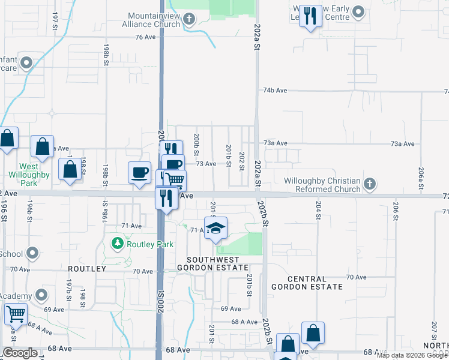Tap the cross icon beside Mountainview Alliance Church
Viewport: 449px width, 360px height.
pos(189,20)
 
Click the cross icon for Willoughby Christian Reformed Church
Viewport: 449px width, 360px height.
pos(370,184)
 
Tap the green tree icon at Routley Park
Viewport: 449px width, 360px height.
pos(118,244)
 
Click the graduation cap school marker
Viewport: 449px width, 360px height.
pos(215,228)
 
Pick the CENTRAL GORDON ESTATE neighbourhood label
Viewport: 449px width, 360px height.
pos(307,283)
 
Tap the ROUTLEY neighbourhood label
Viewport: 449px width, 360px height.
pos(87,269)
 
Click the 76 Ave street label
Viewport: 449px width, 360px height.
pos(145,37)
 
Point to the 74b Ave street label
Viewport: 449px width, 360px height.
pos(275,90)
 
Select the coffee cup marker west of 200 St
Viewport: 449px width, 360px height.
pos(139,173)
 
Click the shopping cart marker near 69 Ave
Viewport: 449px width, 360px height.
pos(16,313)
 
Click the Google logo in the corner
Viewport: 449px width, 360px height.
pos(20,353)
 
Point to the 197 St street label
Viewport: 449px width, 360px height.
pos(55,20)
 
